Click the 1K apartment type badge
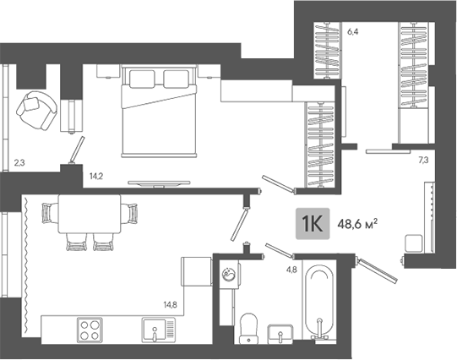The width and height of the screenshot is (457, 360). click(x=313, y=224)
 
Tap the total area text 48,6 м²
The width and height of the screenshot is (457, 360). click(x=357, y=224)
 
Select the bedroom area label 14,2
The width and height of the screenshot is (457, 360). click(x=96, y=176)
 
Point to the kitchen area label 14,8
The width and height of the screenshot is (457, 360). click(x=170, y=305)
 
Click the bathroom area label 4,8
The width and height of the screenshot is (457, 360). click(x=291, y=270)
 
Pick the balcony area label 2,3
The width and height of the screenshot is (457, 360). click(x=19, y=162)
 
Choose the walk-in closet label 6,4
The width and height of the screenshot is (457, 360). click(x=352, y=31)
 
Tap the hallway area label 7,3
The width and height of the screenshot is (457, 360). click(x=423, y=160)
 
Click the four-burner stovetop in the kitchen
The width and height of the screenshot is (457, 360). click(x=90, y=330)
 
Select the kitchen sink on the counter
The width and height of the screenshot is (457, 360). click(x=159, y=330)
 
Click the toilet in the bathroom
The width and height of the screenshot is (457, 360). click(x=248, y=329)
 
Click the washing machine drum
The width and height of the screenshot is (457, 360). click(x=227, y=275)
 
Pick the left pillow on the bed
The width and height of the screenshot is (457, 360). click(x=142, y=79)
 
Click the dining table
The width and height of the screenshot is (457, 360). click(x=90, y=214)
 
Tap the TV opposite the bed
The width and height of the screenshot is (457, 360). click(x=159, y=183)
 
